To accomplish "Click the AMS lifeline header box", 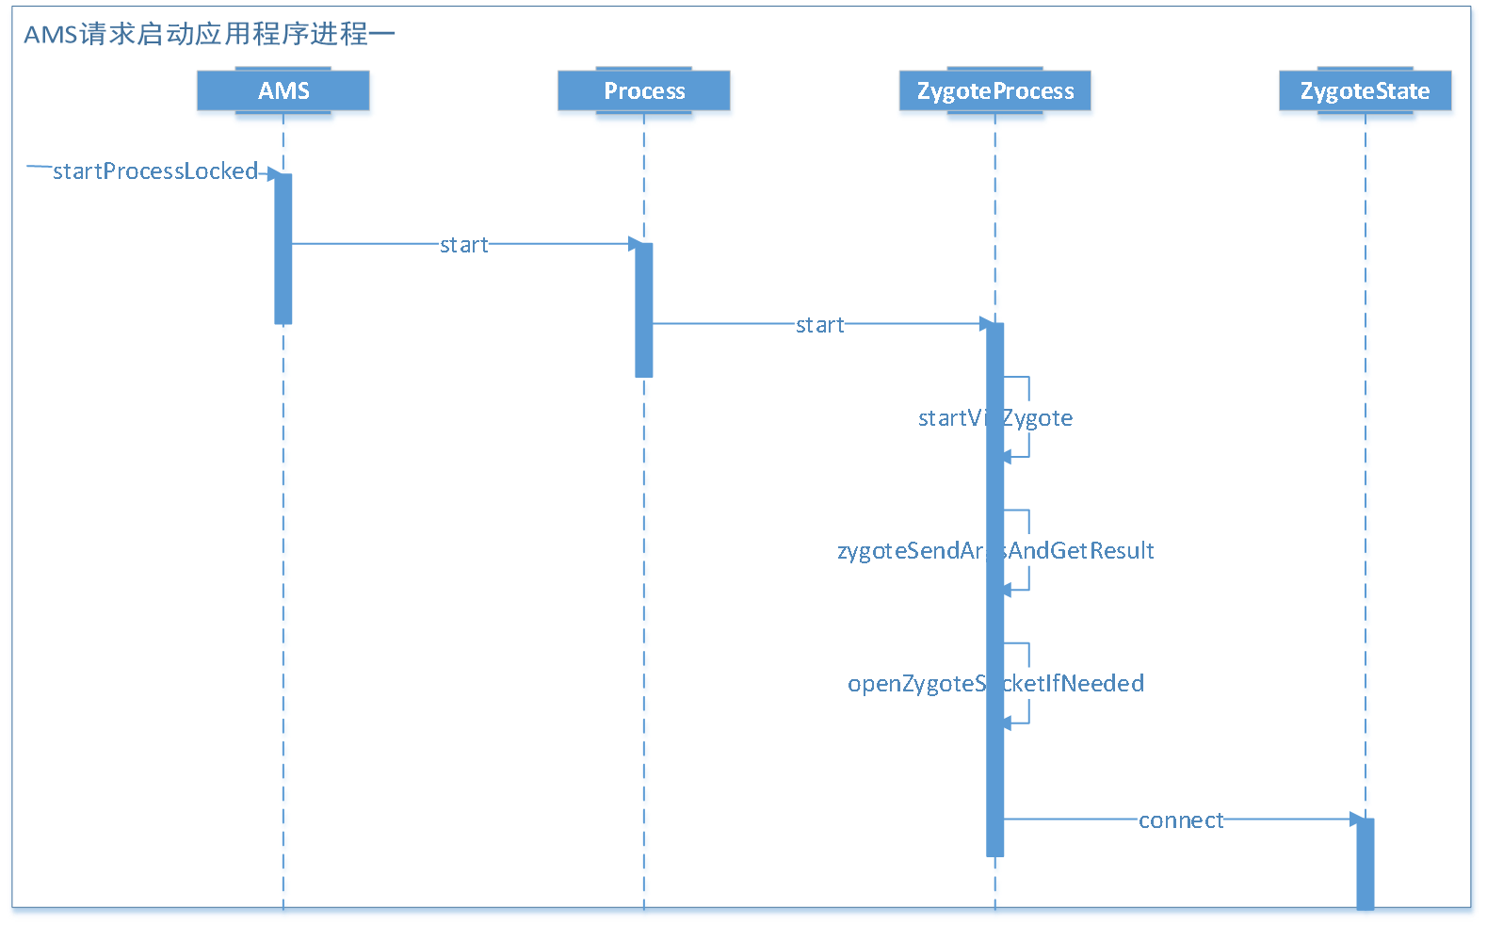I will click(x=283, y=91).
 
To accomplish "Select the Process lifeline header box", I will click(x=643, y=91).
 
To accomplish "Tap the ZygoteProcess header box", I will click(x=994, y=91).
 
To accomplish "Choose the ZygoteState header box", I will click(x=1365, y=91).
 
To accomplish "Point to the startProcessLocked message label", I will click(x=155, y=171).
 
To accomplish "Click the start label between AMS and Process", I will click(x=463, y=245).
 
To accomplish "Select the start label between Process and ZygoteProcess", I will click(x=819, y=325).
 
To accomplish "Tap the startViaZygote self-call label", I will click(x=994, y=418).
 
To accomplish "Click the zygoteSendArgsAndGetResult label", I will click(x=994, y=551).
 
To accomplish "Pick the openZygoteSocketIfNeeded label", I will click(x=994, y=684).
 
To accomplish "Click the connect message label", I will click(x=1181, y=820).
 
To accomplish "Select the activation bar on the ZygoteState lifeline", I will click(x=1365, y=863).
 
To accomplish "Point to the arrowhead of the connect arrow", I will click(x=1357, y=820).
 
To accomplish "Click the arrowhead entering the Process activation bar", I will click(x=636, y=244).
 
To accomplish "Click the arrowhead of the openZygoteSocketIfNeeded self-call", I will click(x=1007, y=723).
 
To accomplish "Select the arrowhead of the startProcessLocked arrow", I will click(x=274, y=173).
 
